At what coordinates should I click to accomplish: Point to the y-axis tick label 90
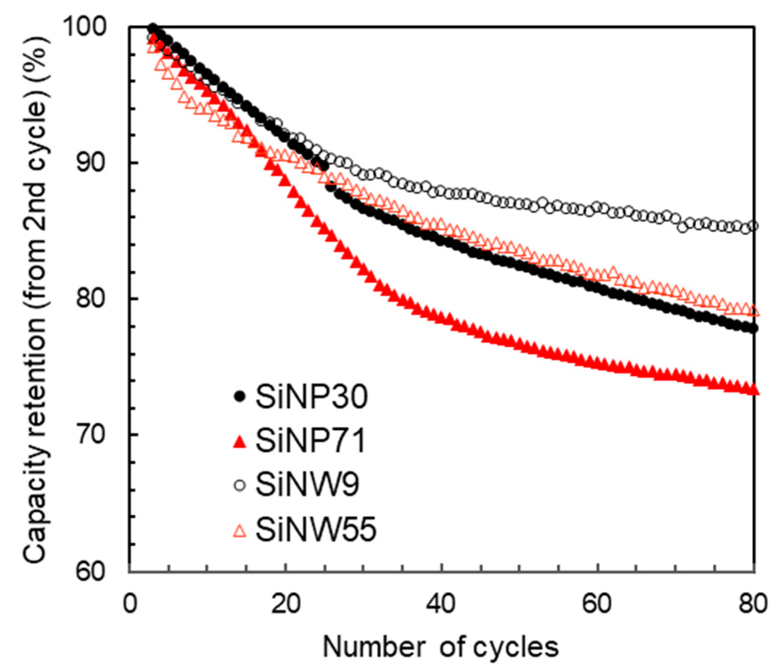(x=90, y=162)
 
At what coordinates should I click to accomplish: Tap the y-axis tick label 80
(x=90, y=299)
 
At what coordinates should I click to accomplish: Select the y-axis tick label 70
(x=90, y=435)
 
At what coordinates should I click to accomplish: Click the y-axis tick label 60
(x=90, y=571)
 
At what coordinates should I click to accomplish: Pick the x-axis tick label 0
(x=130, y=603)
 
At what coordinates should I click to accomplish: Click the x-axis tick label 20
(x=286, y=603)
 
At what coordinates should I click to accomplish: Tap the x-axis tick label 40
(x=442, y=603)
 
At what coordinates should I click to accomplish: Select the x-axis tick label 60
(x=598, y=603)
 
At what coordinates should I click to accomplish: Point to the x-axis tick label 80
(x=753, y=603)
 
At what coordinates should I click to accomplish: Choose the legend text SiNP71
(x=311, y=441)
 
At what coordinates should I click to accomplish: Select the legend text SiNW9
(x=307, y=485)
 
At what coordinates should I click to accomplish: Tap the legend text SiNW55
(x=316, y=529)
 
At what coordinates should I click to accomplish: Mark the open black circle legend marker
(x=240, y=485)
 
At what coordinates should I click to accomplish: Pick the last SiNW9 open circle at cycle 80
(x=753, y=226)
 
